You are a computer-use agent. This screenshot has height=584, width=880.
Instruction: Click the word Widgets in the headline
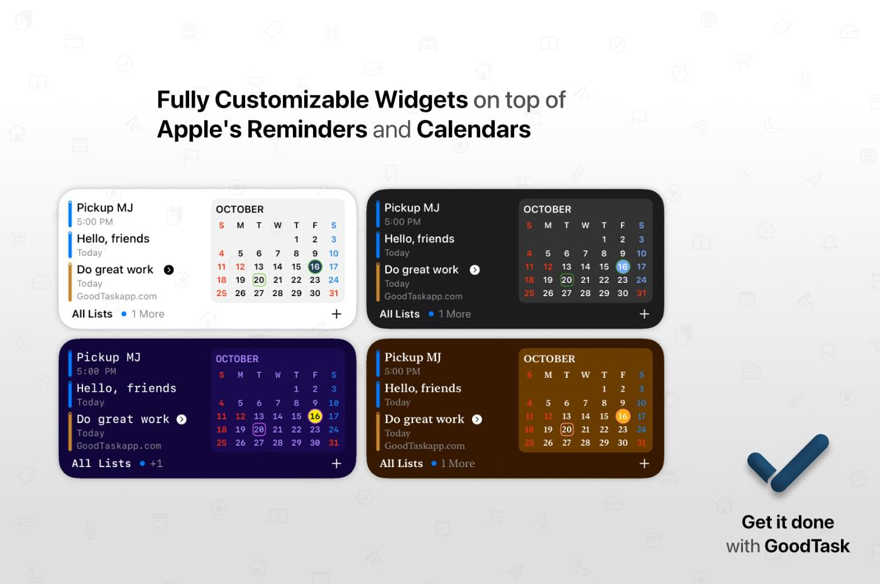click(421, 100)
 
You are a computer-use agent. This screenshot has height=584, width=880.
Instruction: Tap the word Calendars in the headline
click(473, 129)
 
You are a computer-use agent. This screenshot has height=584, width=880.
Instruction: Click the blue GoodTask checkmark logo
click(788, 463)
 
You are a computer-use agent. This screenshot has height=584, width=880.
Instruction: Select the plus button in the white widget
click(336, 314)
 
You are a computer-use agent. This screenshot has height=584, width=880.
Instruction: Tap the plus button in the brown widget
click(644, 463)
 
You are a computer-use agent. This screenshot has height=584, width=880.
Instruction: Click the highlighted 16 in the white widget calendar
click(315, 267)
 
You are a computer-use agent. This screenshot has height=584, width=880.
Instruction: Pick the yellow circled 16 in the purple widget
click(315, 416)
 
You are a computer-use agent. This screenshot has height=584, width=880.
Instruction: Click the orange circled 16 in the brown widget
click(623, 416)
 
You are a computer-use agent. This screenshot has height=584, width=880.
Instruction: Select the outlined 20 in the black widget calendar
click(566, 280)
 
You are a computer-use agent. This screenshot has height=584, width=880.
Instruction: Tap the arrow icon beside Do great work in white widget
click(168, 270)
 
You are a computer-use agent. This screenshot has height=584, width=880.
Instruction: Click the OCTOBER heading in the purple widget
click(237, 359)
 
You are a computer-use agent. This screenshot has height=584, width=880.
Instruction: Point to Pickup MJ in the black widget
click(412, 207)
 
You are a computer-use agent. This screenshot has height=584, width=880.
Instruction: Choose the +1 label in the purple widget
click(156, 463)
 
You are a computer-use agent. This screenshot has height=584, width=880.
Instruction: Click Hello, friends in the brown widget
click(422, 388)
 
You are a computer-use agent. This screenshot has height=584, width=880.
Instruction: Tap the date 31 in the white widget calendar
click(334, 293)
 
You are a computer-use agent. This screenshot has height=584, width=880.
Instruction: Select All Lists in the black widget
click(400, 314)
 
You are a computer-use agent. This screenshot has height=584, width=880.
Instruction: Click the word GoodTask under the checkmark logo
click(807, 546)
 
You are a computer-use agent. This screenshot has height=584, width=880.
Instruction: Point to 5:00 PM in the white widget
click(95, 222)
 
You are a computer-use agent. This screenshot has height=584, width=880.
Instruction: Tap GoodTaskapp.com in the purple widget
click(119, 446)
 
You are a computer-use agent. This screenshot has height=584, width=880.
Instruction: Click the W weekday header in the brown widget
click(585, 375)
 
